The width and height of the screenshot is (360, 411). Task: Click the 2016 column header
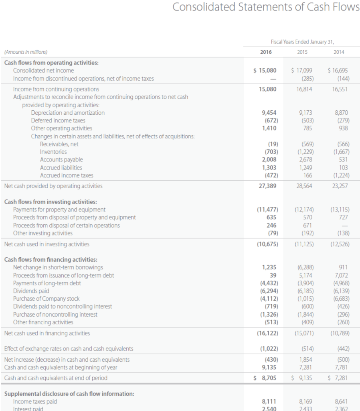[x=263, y=52]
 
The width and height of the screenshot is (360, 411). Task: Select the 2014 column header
[x=339, y=52]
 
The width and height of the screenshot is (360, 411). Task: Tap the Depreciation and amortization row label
[x=68, y=113]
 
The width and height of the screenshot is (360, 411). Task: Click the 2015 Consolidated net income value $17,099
[x=302, y=70]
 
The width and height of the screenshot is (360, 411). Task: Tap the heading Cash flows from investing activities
[x=50, y=201]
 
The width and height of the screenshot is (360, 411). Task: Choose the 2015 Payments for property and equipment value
[x=304, y=210]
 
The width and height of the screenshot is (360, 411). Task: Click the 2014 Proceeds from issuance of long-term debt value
[x=341, y=275]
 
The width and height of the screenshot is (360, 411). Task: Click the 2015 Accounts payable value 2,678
[x=306, y=159]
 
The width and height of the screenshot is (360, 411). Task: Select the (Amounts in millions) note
[x=25, y=52]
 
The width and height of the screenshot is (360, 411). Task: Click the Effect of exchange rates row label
[x=69, y=348]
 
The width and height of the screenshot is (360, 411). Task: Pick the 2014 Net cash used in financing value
[x=339, y=333]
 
